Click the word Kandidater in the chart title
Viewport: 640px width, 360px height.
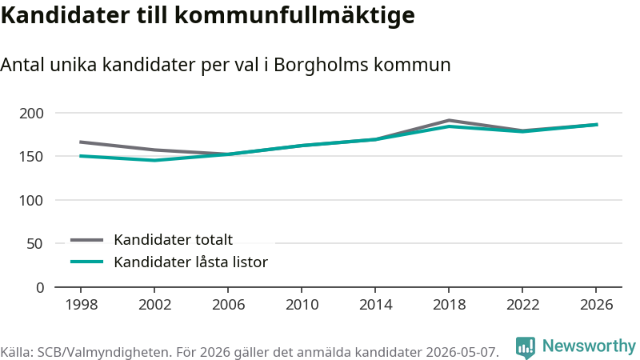(x=66, y=15)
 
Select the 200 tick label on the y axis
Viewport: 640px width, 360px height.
(x=31, y=114)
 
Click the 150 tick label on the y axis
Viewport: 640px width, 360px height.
(x=31, y=157)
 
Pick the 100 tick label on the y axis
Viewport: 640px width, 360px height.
(x=31, y=201)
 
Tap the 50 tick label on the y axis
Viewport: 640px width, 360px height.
(x=34, y=244)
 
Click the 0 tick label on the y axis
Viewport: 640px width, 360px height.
(x=39, y=288)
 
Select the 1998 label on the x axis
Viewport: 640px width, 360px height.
(x=82, y=305)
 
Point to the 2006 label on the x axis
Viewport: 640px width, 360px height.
(x=228, y=305)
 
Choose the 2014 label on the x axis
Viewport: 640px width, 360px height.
(x=375, y=305)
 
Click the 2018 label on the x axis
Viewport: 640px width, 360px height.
(x=449, y=305)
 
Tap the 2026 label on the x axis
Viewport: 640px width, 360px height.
(x=596, y=305)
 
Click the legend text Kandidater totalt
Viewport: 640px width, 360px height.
(x=173, y=239)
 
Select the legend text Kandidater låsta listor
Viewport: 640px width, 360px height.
(x=190, y=262)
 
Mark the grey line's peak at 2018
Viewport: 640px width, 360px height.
(x=449, y=121)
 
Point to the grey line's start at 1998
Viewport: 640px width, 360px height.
(x=81, y=142)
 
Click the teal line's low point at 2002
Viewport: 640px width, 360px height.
(x=154, y=161)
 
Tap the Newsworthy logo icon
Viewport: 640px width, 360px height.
(x=526, y=347)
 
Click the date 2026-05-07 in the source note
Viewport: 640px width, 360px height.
(x=462, y=352)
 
